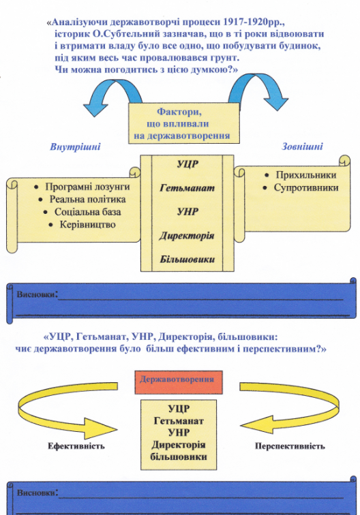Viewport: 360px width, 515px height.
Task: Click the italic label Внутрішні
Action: pyautogui.click(x=75, y=146)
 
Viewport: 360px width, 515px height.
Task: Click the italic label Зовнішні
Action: pyautogui.click(x=302, y=146)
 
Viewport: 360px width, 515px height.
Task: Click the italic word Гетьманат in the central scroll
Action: pyautogui.click(x=187, y=188)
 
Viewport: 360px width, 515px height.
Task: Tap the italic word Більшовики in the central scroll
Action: pyautogui.click(x=187, y=260)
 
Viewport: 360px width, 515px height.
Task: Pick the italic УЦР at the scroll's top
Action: pyautogui.click(x=187, y=164)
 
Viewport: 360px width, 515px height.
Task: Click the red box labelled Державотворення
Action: pyautogui.click(x=179, y=382)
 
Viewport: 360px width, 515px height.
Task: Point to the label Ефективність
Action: pyautogui.click(x=76, y=446)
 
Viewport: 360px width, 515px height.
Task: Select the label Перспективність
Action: pyautogui.click(x=290, y=446)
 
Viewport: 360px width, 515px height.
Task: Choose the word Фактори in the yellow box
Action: pyautogui.click(x=179, y=112)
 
